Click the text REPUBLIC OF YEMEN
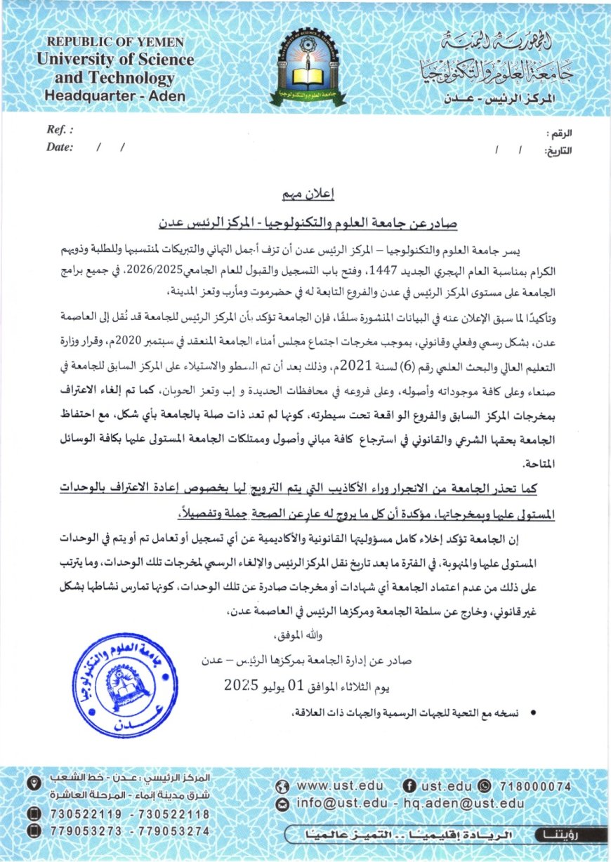coord(116,43)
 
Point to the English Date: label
coord(60,147)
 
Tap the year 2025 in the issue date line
coord(242,683)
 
